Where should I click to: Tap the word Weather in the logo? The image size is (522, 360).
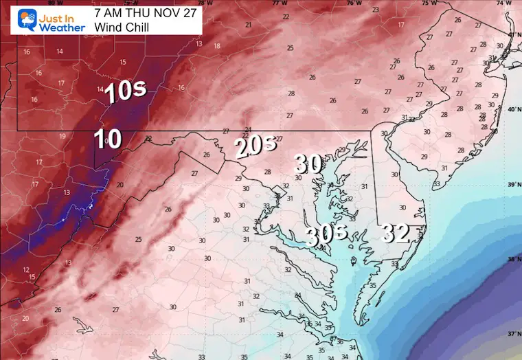click(x=63, y=27)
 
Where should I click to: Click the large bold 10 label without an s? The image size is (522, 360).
click(x=108, y=139)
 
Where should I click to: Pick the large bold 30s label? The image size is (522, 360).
click(x=327, y=236)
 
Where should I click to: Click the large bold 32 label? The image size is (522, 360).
click(x=396, y=234)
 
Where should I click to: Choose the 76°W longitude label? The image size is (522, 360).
click(x=354, y=3)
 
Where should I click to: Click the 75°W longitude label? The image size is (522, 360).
click(x=429, y=3)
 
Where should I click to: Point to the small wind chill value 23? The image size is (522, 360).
click(x=374, y=10)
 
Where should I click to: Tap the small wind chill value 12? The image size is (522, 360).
click(x=26, y=270)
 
